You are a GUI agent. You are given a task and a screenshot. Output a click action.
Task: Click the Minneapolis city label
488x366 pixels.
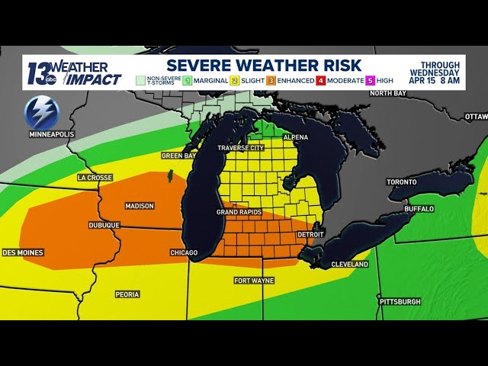point(52,134)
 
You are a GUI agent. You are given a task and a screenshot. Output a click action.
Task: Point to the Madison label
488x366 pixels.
point(140,206)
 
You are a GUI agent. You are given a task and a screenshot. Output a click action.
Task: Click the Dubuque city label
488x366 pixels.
point(104,225)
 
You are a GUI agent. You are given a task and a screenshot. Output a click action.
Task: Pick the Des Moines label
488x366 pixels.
point(23,252)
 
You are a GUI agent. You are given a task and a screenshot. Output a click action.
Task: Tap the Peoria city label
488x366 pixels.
point(127,294)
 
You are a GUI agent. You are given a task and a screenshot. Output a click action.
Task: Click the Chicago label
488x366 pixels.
point(184,252)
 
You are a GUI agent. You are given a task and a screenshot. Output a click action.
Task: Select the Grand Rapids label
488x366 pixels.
point(239,212)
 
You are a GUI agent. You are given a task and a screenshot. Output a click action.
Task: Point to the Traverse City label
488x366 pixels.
point(240,148)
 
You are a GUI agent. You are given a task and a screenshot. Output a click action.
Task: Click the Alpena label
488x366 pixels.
point(295,137)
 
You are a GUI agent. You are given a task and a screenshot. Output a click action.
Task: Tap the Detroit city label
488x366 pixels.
point(310,234)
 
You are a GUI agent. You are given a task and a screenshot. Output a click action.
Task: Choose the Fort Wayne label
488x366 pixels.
point(253,281)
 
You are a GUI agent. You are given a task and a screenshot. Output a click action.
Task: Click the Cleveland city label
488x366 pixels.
point(350,265)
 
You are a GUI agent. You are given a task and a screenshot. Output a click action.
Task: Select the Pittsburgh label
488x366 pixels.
point(400,302)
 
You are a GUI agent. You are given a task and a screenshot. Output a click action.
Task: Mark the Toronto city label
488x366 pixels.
point(402,182)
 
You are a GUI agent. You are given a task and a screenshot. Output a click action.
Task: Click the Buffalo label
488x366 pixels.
point(419,208)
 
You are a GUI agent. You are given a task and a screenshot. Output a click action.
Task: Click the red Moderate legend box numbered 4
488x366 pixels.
point(321,79)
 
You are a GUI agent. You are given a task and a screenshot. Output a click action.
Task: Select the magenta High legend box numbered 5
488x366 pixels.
point(370,79)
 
